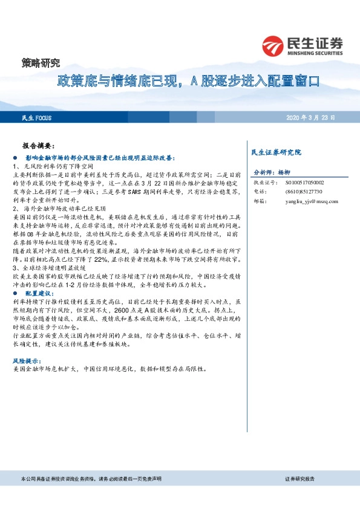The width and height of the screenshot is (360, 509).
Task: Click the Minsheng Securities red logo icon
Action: tap(273, 45)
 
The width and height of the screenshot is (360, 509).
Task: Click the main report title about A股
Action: tap(188, 80)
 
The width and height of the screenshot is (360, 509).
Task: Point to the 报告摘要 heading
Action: tap(38, 146)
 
